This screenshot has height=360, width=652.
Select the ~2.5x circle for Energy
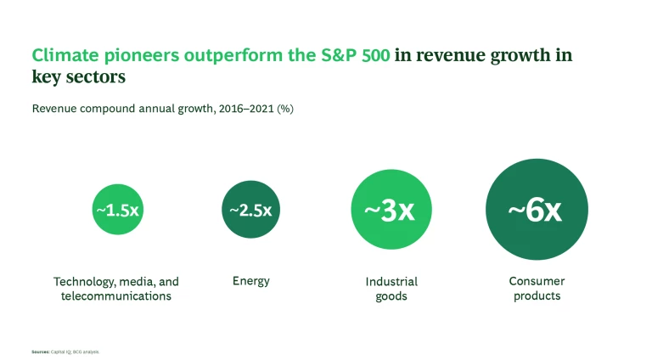point(250,210)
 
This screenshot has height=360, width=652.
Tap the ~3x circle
point(391,210)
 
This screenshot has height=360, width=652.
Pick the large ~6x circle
point(537,210)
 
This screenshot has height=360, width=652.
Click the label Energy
point(250,280)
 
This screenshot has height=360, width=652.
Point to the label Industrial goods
point(391,289)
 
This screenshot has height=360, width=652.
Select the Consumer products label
point(537,289)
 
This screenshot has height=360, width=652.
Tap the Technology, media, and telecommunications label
point(116,289)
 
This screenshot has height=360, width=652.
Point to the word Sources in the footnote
point(40,351)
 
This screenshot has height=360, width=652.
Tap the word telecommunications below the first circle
point(116,296)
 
